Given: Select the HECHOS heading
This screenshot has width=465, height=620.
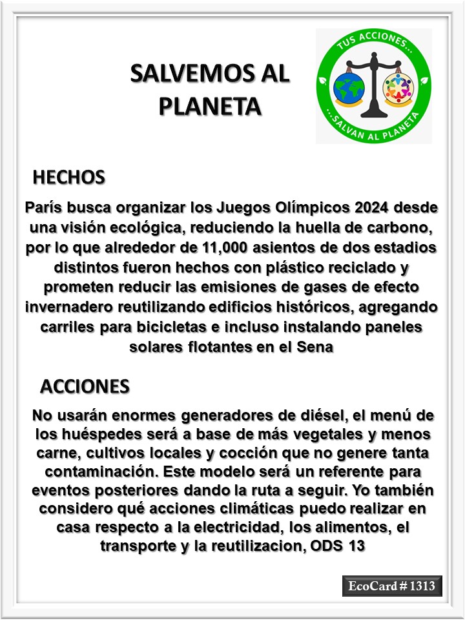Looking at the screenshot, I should coord(68,177).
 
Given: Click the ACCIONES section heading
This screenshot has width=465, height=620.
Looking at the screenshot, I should coord(85,386).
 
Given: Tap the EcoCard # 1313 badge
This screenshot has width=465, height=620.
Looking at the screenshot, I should coord(392,586).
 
